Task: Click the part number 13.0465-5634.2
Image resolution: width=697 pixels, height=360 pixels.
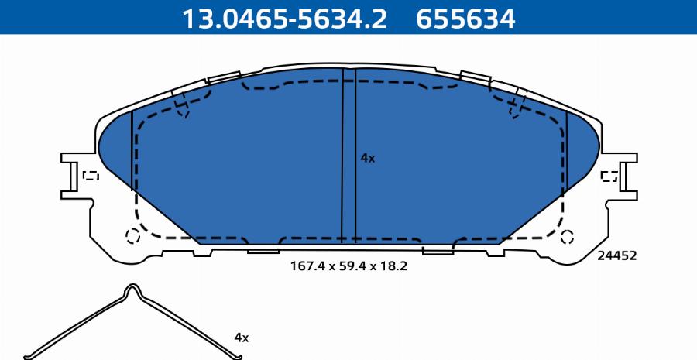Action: pos(283,17)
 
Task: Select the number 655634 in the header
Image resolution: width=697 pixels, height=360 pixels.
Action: pos(465,17)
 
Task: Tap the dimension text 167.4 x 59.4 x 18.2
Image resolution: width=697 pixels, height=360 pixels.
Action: pos(348,266)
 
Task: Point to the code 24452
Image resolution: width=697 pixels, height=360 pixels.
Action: pos(616,255)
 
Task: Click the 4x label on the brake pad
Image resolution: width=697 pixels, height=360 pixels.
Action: pos(368,158)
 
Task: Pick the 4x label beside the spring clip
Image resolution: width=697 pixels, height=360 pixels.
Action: pos(242,338)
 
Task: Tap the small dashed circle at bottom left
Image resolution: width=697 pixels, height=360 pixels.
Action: pos(132,236)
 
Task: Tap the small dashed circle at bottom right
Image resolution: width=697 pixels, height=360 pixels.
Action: pos(567,236)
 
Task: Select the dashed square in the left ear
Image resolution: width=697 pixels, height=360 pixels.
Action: pos(91,176)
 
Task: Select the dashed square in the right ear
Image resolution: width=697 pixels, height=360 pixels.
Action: pos(609,176)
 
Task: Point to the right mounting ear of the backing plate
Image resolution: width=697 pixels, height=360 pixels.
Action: pos(623,177)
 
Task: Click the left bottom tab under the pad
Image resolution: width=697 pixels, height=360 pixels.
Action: pos(263,249)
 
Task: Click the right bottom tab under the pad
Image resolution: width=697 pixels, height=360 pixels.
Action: pos(438,249)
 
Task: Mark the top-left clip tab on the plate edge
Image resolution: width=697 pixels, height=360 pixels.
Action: pos(224,77)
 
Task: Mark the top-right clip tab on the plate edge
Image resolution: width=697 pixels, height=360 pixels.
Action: pos(474,77)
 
